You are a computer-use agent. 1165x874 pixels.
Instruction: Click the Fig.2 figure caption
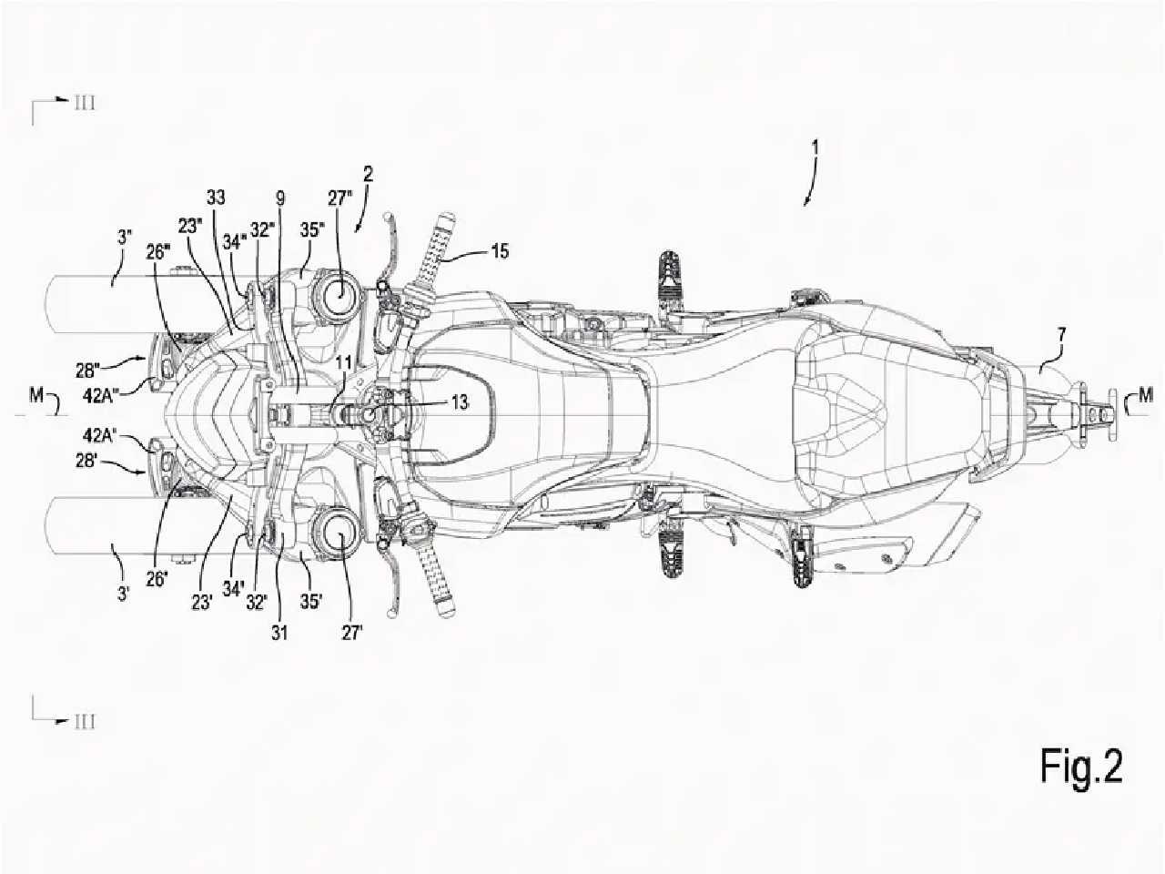pos(1081,766)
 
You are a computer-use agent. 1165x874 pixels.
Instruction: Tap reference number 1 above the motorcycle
pos(815,147)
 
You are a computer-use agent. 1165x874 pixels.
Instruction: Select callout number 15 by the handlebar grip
pos(499,250)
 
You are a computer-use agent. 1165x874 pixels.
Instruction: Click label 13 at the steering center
pos(460,402)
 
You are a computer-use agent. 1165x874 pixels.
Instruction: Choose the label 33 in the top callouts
pos(216,198)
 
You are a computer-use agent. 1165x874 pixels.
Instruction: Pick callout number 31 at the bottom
pos(279,633)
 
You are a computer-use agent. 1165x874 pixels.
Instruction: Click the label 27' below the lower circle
pos(350,633)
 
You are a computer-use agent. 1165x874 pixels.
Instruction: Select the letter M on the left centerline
pos(36,395)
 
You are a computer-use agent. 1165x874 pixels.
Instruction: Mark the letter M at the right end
pos(1146,395)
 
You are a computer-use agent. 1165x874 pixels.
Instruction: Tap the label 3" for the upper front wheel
pos(124,237)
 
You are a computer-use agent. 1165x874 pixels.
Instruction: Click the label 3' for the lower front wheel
pos(124,594)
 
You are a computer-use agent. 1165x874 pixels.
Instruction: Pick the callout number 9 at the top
pos(279,198)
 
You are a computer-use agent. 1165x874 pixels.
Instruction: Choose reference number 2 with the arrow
pos(368,174)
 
